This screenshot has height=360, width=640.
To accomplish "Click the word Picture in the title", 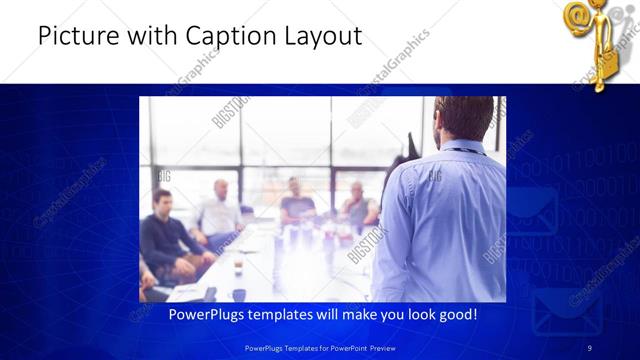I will coord(75,37).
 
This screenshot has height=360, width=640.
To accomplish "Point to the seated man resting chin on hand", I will coord(357,205).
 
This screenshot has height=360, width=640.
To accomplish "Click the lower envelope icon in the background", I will coord(566,313).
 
